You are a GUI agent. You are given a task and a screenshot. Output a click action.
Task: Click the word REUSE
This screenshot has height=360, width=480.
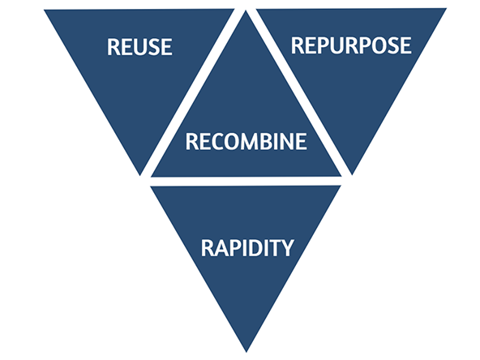(139, 47)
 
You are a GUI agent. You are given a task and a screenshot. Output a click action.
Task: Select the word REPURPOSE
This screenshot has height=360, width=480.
(351, 45)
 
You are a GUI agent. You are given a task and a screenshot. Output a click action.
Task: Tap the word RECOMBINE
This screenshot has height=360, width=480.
(246, 141)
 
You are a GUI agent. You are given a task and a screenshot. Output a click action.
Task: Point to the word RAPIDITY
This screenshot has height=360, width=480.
(247, 247)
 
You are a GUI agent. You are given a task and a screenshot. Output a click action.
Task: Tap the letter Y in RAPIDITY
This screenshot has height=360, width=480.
(287, 247)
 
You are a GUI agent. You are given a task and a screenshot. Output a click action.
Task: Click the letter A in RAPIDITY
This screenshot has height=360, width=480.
(221, 247)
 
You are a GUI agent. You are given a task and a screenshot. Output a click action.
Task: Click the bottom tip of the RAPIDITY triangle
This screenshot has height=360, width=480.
(246, 352)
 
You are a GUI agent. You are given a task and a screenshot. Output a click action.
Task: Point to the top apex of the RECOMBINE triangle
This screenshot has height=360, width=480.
(246, 11)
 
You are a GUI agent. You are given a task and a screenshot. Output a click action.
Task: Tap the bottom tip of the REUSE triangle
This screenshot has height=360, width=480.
(140, 175)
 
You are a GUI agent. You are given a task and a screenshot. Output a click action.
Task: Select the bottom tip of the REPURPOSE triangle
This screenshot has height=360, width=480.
(352, 175)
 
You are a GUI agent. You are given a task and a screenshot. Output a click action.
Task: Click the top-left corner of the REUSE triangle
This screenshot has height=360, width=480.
(44, 10)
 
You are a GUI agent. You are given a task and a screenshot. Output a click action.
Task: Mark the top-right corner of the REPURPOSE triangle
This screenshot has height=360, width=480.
(447, 9)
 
